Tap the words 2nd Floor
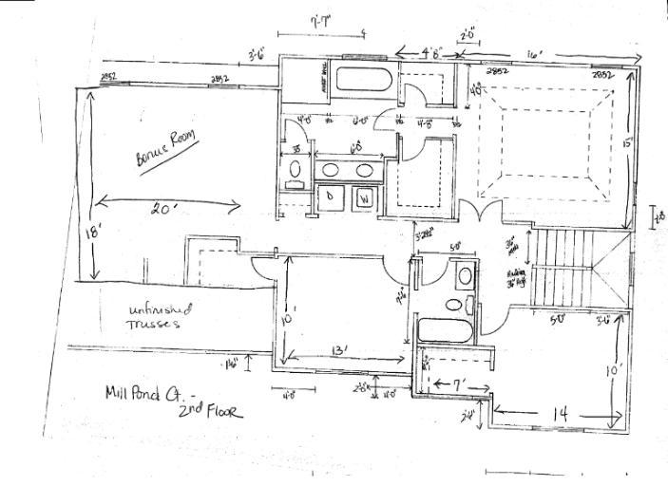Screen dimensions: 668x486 (x=212, y=411)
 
